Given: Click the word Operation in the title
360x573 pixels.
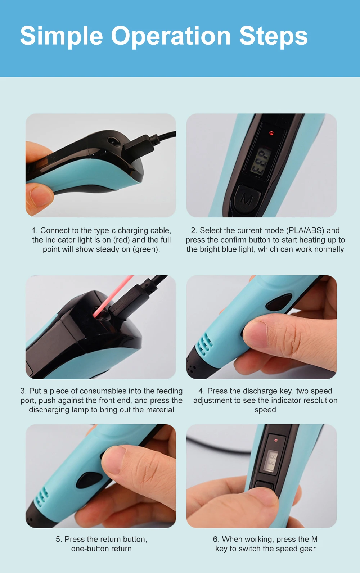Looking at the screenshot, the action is pos(171,37).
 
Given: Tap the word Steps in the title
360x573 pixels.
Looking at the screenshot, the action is pos(274,37).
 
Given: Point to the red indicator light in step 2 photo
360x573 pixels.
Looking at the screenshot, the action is pos(271,133).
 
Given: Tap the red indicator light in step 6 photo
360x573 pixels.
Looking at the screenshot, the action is pos(276,440).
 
